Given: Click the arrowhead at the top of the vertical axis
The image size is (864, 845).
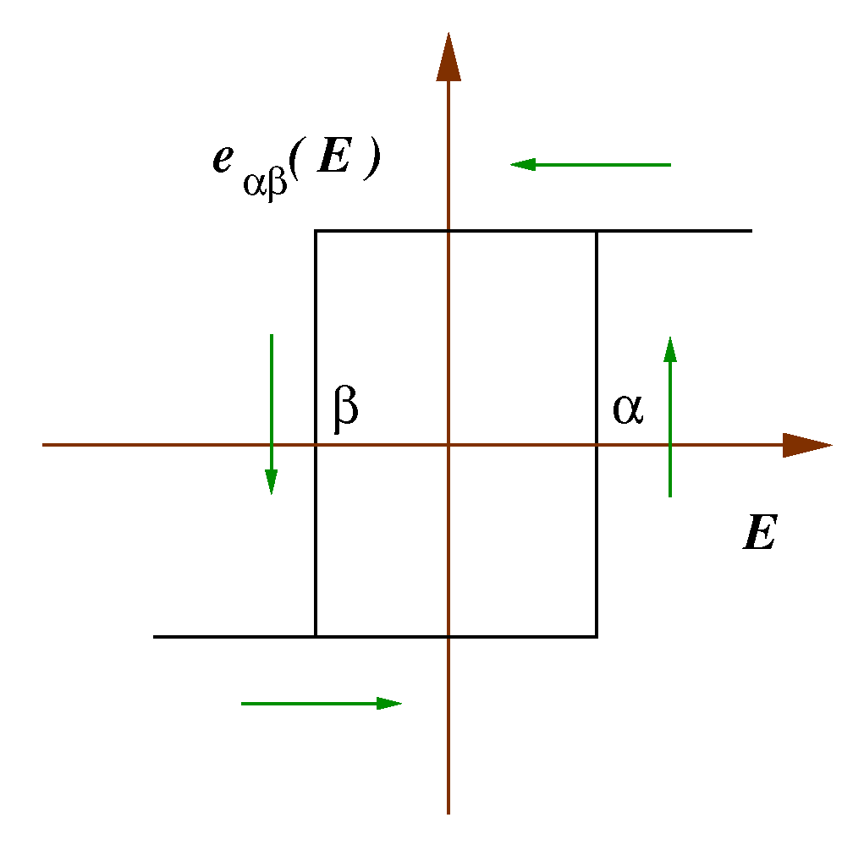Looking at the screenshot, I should (449, 59).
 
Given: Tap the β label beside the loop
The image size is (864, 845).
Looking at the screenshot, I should (345, 407).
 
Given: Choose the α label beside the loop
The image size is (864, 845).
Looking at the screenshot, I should (627, 409).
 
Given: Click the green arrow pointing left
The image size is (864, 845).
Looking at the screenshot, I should (590, 165).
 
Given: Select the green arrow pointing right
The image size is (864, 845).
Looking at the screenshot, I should (322, 703).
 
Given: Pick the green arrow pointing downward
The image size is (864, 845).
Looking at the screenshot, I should (271, 414).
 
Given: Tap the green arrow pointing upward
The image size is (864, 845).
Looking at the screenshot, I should (669, 416).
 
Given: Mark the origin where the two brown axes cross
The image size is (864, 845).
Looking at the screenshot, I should (449, 445).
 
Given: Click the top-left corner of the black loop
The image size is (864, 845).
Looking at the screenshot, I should (316, 230).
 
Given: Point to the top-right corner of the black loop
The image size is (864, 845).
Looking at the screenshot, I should (597, 230).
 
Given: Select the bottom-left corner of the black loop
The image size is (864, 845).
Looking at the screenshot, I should (316, 636).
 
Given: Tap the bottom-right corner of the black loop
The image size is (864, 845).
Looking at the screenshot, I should (597, 636).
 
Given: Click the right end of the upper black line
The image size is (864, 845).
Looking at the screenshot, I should (751, 230).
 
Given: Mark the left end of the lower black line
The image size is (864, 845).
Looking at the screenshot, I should (155, 636).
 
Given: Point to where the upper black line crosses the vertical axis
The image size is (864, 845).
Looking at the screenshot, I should (449, 230).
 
